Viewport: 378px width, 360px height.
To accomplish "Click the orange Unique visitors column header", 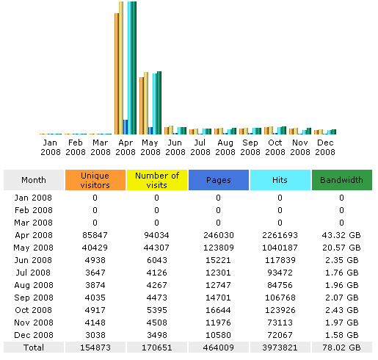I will point(95,180).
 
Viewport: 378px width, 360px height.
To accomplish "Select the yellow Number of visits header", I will point(156,180).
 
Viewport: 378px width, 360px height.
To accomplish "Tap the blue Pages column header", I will point(218,180).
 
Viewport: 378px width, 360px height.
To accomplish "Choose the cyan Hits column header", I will point(280,180).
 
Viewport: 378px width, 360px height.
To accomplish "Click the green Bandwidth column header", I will point(341,180).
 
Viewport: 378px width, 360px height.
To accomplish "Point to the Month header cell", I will point(34,180).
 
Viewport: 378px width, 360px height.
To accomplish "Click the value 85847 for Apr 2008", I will point(95,234).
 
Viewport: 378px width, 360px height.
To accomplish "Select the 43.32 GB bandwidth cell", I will point(341,234).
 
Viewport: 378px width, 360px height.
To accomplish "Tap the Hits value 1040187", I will point(280,247).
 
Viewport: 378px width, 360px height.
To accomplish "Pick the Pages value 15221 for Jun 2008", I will point(218,259).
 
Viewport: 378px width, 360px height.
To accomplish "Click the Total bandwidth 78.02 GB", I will point(341,348).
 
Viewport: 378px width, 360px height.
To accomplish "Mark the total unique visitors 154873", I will point(95,348).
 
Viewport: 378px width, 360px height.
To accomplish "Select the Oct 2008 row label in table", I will point(34,309).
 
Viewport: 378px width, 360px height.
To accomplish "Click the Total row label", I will point(34,348).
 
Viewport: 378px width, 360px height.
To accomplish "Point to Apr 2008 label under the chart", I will point(126,147).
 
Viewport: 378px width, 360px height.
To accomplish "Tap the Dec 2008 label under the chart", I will point(324,147).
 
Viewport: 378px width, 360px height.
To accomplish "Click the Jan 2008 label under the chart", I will point(51,147).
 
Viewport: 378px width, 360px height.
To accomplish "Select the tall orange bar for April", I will point(117,73).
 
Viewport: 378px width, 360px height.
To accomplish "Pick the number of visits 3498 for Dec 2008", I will point(156,335).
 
